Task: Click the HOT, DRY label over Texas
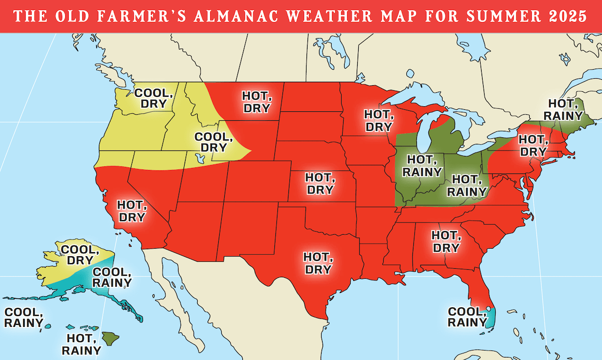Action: [318, 263]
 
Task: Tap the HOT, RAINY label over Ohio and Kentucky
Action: [467, 185]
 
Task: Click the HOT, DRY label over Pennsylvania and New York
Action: [532, 145]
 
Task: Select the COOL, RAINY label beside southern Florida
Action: [467, 317]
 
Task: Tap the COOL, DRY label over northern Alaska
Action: [77, 255]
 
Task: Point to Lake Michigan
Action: [425, 131]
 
